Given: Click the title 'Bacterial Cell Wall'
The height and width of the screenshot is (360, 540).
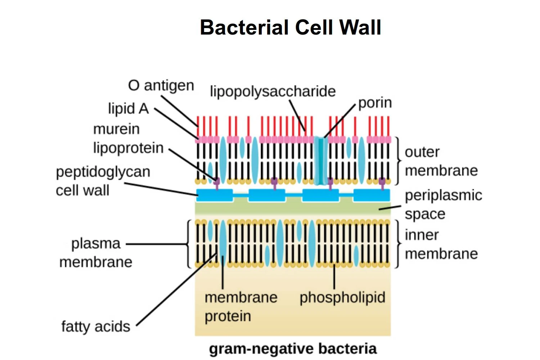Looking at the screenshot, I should pyautogui.click(x=290, y=27).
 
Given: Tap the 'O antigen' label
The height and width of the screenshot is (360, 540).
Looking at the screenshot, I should pyautogui.click(x=161, y=86).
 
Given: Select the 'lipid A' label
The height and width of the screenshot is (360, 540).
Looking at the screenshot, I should pyautogui.click(x=128, y=108).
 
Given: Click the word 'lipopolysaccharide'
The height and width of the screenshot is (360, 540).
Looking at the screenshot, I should pyautogui.click(x=273, y=91).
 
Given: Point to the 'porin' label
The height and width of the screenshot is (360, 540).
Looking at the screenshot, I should pyautogui.click(x=375, y=103).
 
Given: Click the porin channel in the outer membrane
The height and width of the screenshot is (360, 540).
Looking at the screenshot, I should pyautogui.click(x=320, y=160).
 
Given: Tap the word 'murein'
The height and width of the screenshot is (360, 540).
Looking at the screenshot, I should pyautogui.click(x=116, y=129).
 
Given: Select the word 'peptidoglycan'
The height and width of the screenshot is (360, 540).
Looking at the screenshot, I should pyautogui.click(x=103, y=172).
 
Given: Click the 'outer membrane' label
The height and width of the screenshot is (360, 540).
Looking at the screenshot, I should pyautogui.click(x=441, y=161).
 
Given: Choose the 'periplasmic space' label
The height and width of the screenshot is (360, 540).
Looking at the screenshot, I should pyautogui.click(x=443, y=204).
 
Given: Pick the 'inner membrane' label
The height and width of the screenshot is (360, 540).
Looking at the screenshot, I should pyautogui.click(x=441, y=244).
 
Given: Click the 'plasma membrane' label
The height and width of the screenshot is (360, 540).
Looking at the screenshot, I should pyautogui.click(x=96, y=252).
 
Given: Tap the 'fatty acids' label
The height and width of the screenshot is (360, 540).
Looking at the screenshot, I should pyautogui.click(x=95, y=327).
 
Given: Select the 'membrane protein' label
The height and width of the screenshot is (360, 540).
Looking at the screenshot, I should pyautogui.click(x=240, y=307).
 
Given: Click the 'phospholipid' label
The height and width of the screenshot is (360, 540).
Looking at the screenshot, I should pyautogui.click(x=342, y=297).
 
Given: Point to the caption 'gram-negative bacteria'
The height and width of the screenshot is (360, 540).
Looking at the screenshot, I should pyautogui.click(x=293, y=349).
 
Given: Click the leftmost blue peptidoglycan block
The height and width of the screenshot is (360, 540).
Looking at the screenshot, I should pyautogui.click(x=215, y=195).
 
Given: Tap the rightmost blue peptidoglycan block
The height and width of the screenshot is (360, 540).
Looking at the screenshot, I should pyautogui.click(x=372, y=195).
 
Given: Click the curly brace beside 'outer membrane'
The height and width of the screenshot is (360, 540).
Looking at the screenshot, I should pyautogui.click(x=398, y=160).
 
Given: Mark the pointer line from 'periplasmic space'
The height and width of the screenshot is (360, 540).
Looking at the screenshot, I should pyautogui.click(x=390, y=208).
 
